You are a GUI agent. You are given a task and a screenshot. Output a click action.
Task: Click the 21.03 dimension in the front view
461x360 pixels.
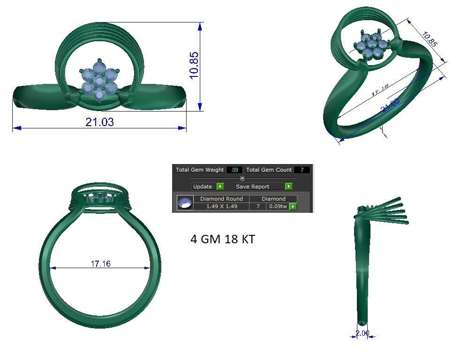tap(99, 122)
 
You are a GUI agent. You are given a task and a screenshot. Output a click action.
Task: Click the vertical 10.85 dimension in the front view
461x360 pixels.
tap(194, 65)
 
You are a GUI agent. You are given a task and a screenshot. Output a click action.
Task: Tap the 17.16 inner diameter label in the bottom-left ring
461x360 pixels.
tap(101, 264)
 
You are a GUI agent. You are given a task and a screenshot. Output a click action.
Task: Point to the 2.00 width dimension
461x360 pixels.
tap(362, 333)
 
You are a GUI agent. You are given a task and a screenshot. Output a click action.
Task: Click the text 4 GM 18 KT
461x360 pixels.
tap(222, 239)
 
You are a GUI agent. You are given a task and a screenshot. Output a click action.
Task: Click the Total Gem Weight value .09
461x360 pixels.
tap(234, 170)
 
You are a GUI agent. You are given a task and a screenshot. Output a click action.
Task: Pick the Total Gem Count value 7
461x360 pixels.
tap(302, 170)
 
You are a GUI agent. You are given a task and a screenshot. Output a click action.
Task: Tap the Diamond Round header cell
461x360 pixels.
tap(221, 199)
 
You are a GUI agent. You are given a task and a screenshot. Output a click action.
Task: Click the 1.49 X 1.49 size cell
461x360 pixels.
tap(221, 206)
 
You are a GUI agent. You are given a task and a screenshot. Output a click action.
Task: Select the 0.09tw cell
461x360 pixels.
tap(278, 206)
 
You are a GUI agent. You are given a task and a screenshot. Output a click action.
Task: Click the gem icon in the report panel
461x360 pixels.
tap(185, 203)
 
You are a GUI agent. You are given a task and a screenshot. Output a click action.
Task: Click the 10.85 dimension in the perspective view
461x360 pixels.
tap(430, 39)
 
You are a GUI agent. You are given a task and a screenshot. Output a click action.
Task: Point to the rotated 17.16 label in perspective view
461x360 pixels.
tap(380, 90)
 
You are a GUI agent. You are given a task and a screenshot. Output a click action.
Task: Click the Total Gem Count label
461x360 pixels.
tap(269, 170)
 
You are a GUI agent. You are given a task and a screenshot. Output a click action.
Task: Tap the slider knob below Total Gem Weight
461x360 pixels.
tap(242, 178)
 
